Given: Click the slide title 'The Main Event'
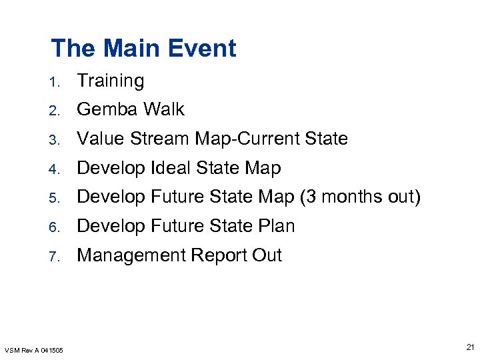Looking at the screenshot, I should click(x=143, y=48).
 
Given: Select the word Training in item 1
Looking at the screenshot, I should click(x=111, y=81).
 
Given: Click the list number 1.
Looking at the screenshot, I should click(x=57, y=83).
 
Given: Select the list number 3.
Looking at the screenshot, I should click(x=57, y=140).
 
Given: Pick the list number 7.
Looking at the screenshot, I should click(x=57, y=257).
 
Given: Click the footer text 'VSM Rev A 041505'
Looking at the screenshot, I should click(x=34, y=350).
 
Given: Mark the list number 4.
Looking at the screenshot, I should click(x=57, y=169).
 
